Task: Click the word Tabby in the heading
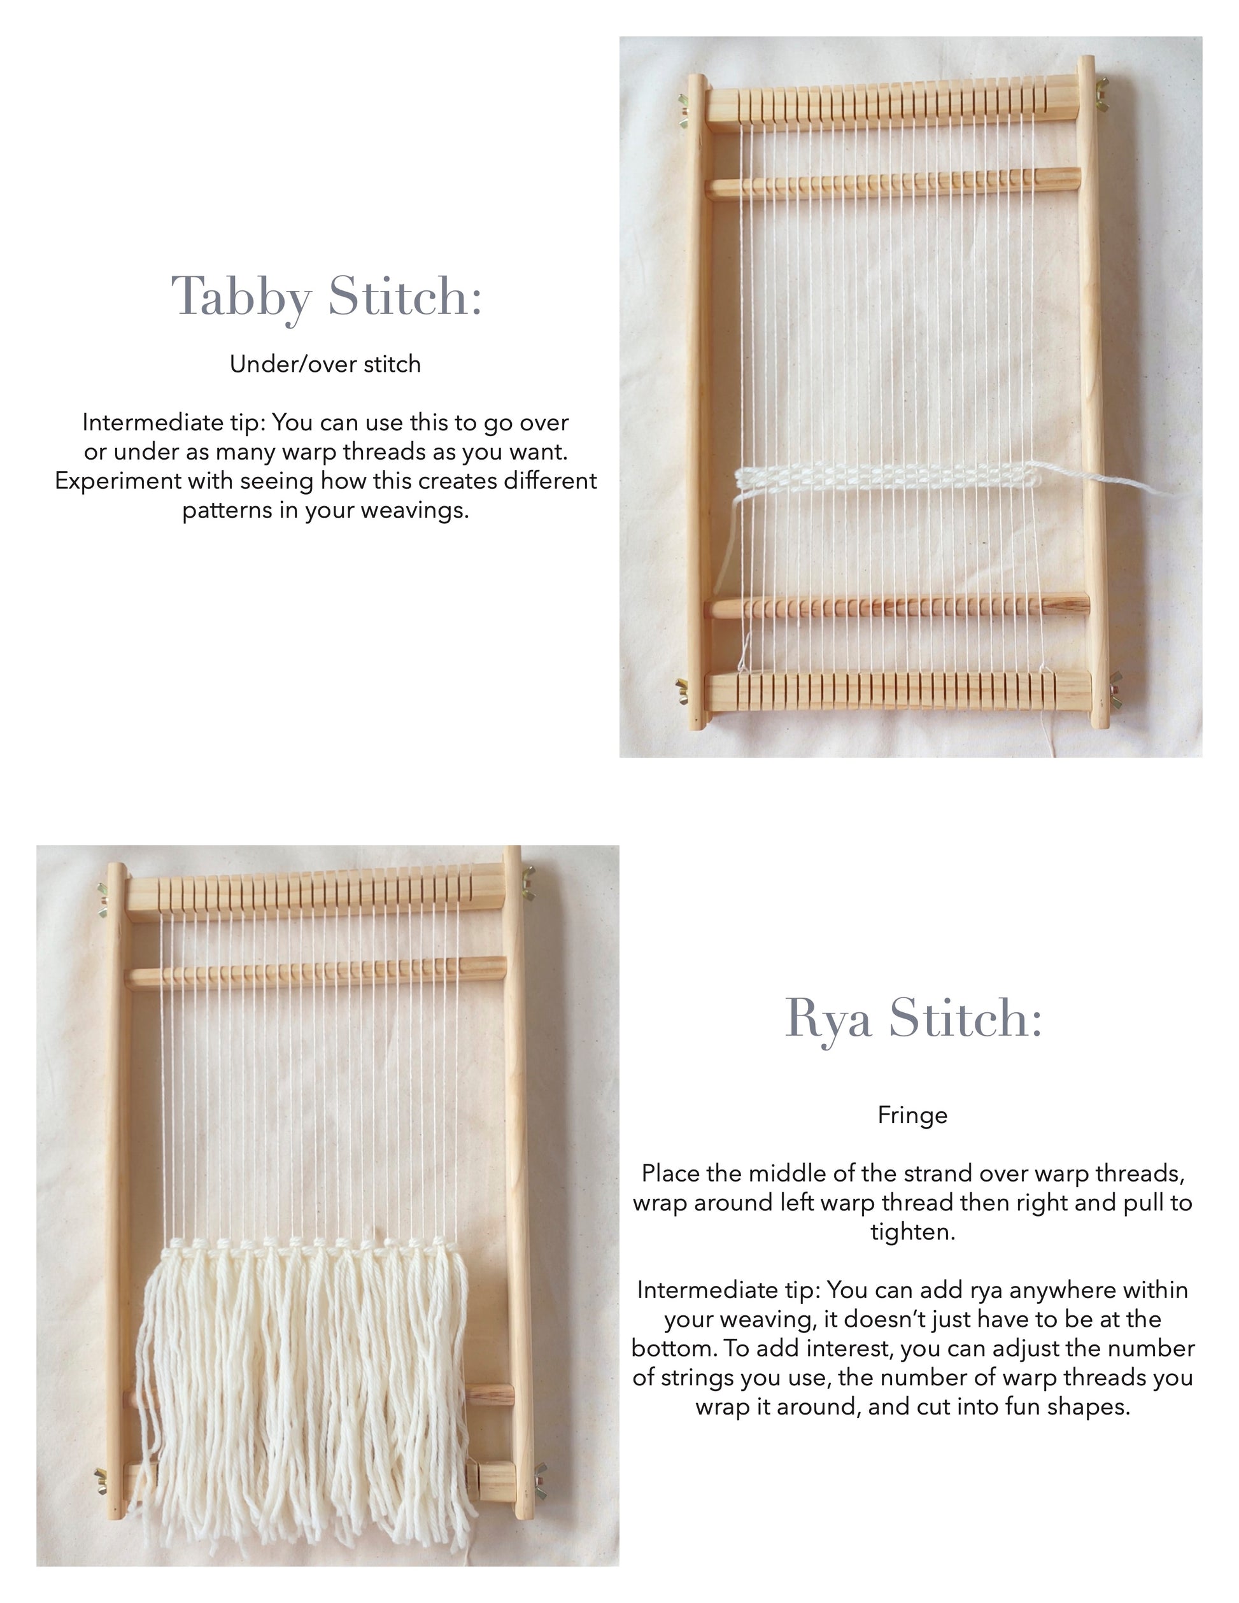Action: click(241, 297)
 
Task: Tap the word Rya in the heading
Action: click(828, 1019)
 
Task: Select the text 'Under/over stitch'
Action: click(325, 364)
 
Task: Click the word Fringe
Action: click(912, 1115)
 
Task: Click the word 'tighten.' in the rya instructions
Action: click(913, 1232)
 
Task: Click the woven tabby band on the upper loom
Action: click(888, 478)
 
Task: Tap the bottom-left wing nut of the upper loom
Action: click(683, 690)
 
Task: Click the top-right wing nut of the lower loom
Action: click(528, 882)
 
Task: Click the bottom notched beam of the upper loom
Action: click(898, 691)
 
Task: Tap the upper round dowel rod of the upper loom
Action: click(893, 183)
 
